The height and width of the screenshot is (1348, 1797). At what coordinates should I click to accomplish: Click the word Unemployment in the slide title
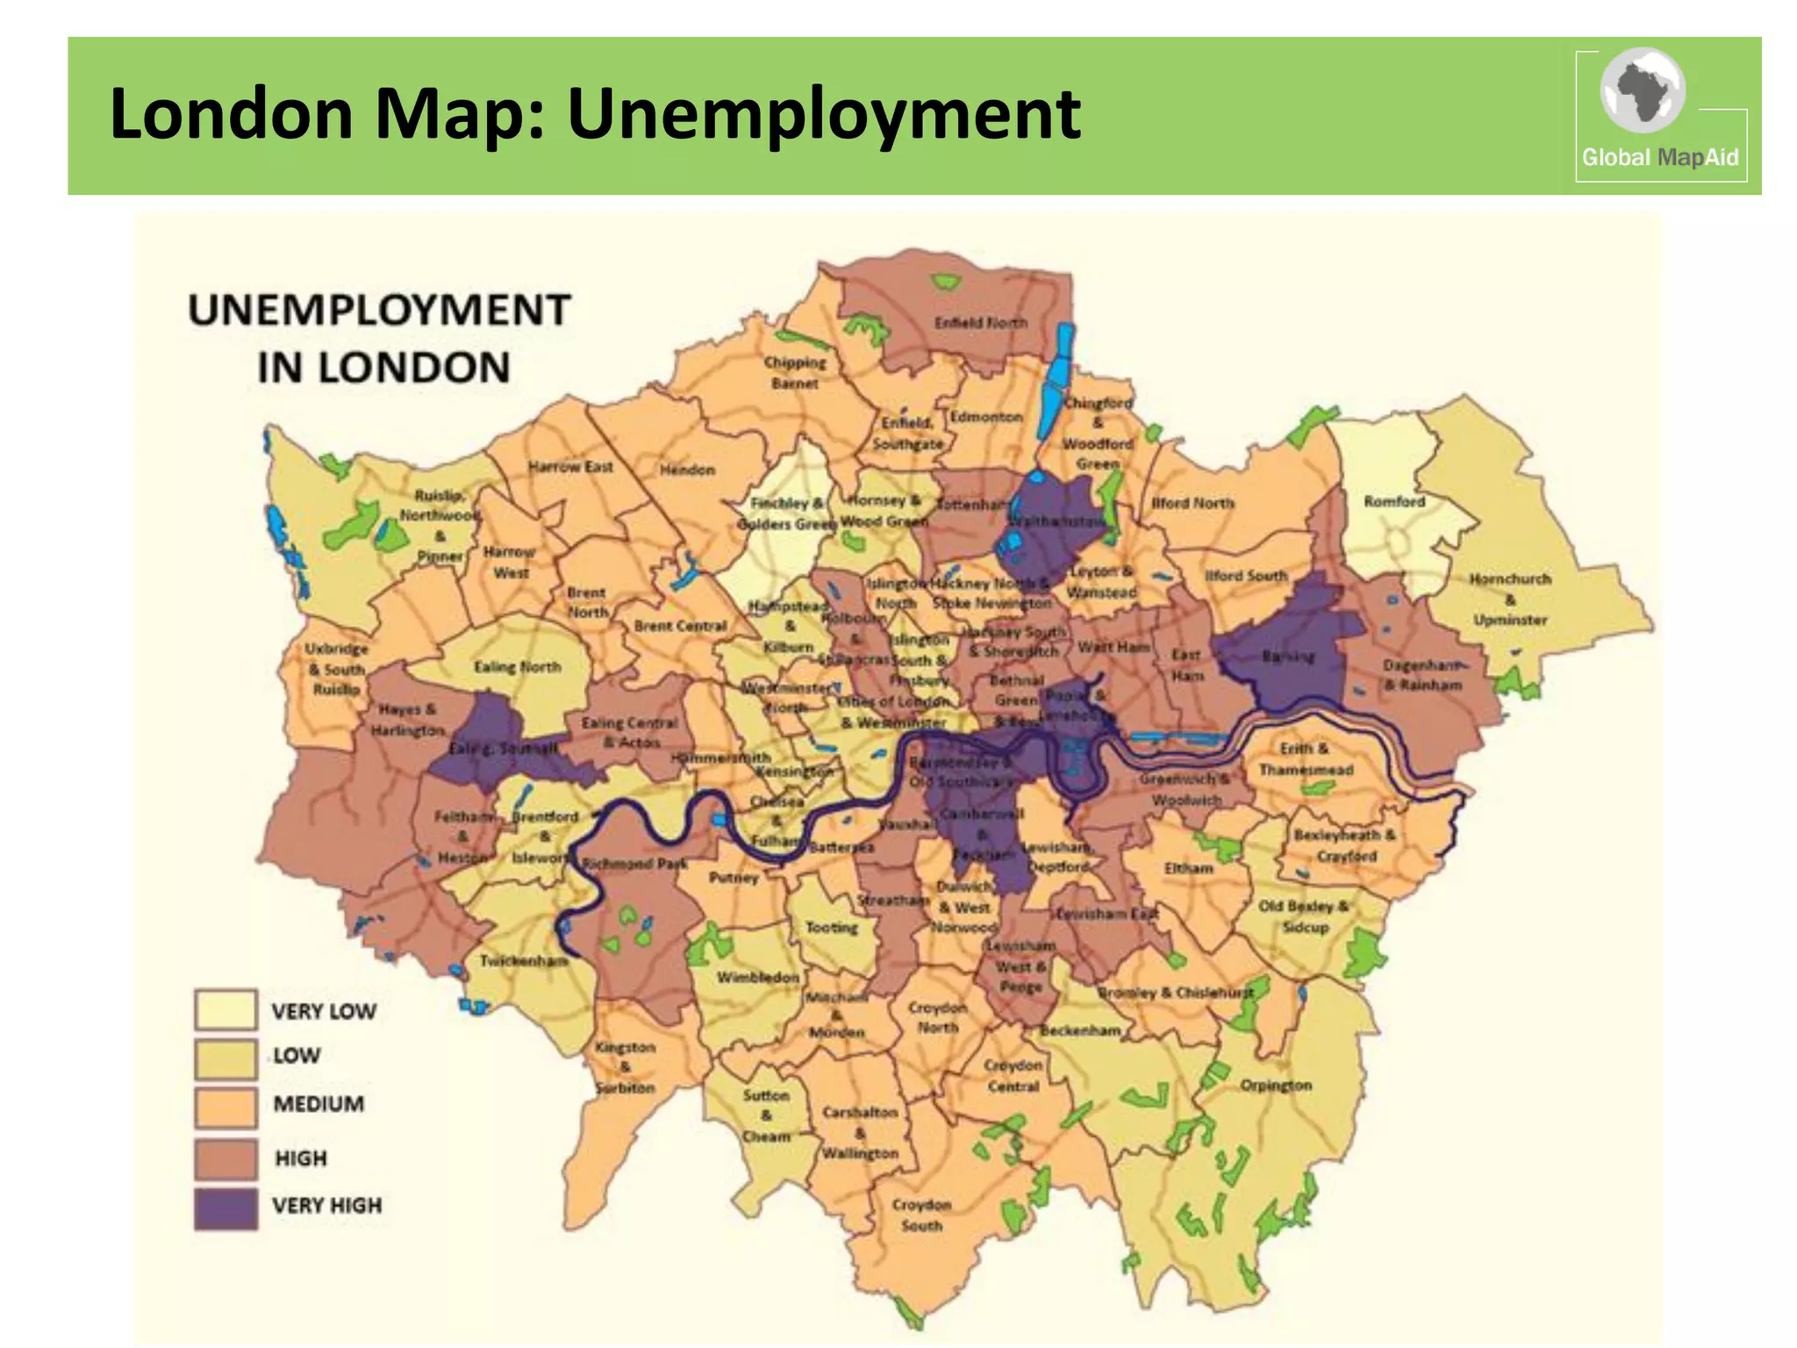point(823,114)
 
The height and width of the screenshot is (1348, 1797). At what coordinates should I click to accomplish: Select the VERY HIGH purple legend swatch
point(226,1208)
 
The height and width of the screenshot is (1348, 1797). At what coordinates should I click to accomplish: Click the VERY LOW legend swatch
point(226,1010)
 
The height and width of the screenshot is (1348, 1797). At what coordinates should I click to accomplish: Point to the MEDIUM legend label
point(319,1104)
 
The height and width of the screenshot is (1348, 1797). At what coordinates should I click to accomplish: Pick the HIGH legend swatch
point(226,1158)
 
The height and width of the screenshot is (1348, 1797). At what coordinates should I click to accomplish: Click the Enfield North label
point(980,323)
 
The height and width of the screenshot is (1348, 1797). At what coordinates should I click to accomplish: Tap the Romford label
point(1394,502)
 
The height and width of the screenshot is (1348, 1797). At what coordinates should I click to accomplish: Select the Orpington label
point(1275,1086)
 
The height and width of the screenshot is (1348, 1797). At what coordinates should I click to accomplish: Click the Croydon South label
point(921,1215)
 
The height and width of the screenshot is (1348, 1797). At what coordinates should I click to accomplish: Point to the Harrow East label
point(570,467)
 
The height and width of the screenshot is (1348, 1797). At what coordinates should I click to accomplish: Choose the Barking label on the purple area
point(1287,656)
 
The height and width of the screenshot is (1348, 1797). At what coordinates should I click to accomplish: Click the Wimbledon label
point(758,978)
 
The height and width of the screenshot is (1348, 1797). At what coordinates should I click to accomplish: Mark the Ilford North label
point(1192,504)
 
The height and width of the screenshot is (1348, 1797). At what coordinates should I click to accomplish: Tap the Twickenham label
point(524,961)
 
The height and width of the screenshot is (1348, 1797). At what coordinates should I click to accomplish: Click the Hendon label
point(687,470)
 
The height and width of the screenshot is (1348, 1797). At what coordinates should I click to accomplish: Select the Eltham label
point(1188,868)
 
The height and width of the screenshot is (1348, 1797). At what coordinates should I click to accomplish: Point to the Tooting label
point(831,928)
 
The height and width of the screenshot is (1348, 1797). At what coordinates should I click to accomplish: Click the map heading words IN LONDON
point(383,368)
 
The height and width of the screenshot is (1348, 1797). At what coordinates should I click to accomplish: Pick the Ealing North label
point(517,667)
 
